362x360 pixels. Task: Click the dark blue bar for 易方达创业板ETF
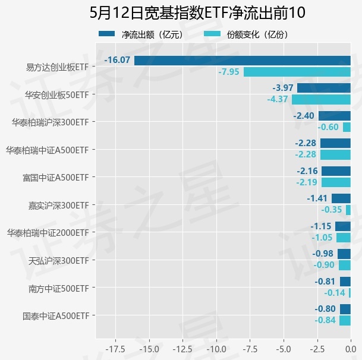[242, 60]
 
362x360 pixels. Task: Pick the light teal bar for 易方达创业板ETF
[297, 72]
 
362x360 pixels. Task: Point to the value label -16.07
[117, 60]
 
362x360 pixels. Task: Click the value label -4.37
[278, 99]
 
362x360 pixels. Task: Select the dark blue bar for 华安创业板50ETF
[323, 88]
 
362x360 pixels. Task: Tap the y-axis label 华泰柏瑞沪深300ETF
[50, 122]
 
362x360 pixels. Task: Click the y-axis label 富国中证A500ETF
[55, 177]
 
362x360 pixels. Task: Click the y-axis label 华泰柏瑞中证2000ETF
[48, 232]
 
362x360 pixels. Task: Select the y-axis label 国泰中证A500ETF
[55, 315]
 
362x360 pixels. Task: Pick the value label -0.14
[335, 293]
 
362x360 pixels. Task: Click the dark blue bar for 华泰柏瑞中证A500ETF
[335, 143]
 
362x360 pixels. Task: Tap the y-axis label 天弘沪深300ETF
[59, 260]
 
